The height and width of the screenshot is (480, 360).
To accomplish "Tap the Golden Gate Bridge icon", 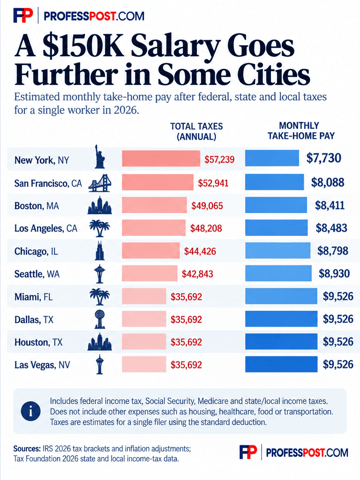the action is [x=100, y=183].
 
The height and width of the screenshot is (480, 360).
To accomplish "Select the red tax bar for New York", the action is [x=161, y=158].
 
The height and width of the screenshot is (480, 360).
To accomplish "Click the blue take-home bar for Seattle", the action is [x=278, y=273].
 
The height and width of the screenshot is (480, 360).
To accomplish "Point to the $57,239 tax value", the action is [x=219, y=159].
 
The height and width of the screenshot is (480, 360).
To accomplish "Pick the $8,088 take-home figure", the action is [x=328, y=182].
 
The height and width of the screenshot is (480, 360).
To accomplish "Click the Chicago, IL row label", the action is [x=36, y=251].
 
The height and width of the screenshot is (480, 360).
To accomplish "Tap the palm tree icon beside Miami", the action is [x=99, y=296].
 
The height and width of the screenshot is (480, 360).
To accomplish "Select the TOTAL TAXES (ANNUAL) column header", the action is [x=196, y=131].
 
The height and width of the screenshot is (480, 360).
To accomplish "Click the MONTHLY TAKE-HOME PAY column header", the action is [x=301, y=131].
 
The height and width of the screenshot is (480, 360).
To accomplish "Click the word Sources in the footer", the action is [x=27, y=449].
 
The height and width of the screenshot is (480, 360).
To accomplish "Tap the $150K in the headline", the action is [x=83, y=45].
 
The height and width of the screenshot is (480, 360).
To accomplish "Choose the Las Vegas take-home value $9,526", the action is [x=338, y=364].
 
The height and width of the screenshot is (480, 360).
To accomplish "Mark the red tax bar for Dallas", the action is [x=144, y=319].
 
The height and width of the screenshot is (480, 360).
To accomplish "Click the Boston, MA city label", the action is [x=37, y=206].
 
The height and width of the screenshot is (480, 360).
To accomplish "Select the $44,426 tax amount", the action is [x=200, y=251].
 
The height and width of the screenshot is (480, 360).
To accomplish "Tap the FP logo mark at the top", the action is [x=23, y=15].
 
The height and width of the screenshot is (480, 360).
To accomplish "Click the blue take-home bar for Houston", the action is [x=281, y=342].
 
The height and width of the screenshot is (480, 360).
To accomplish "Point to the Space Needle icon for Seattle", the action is [x=99, y=274].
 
